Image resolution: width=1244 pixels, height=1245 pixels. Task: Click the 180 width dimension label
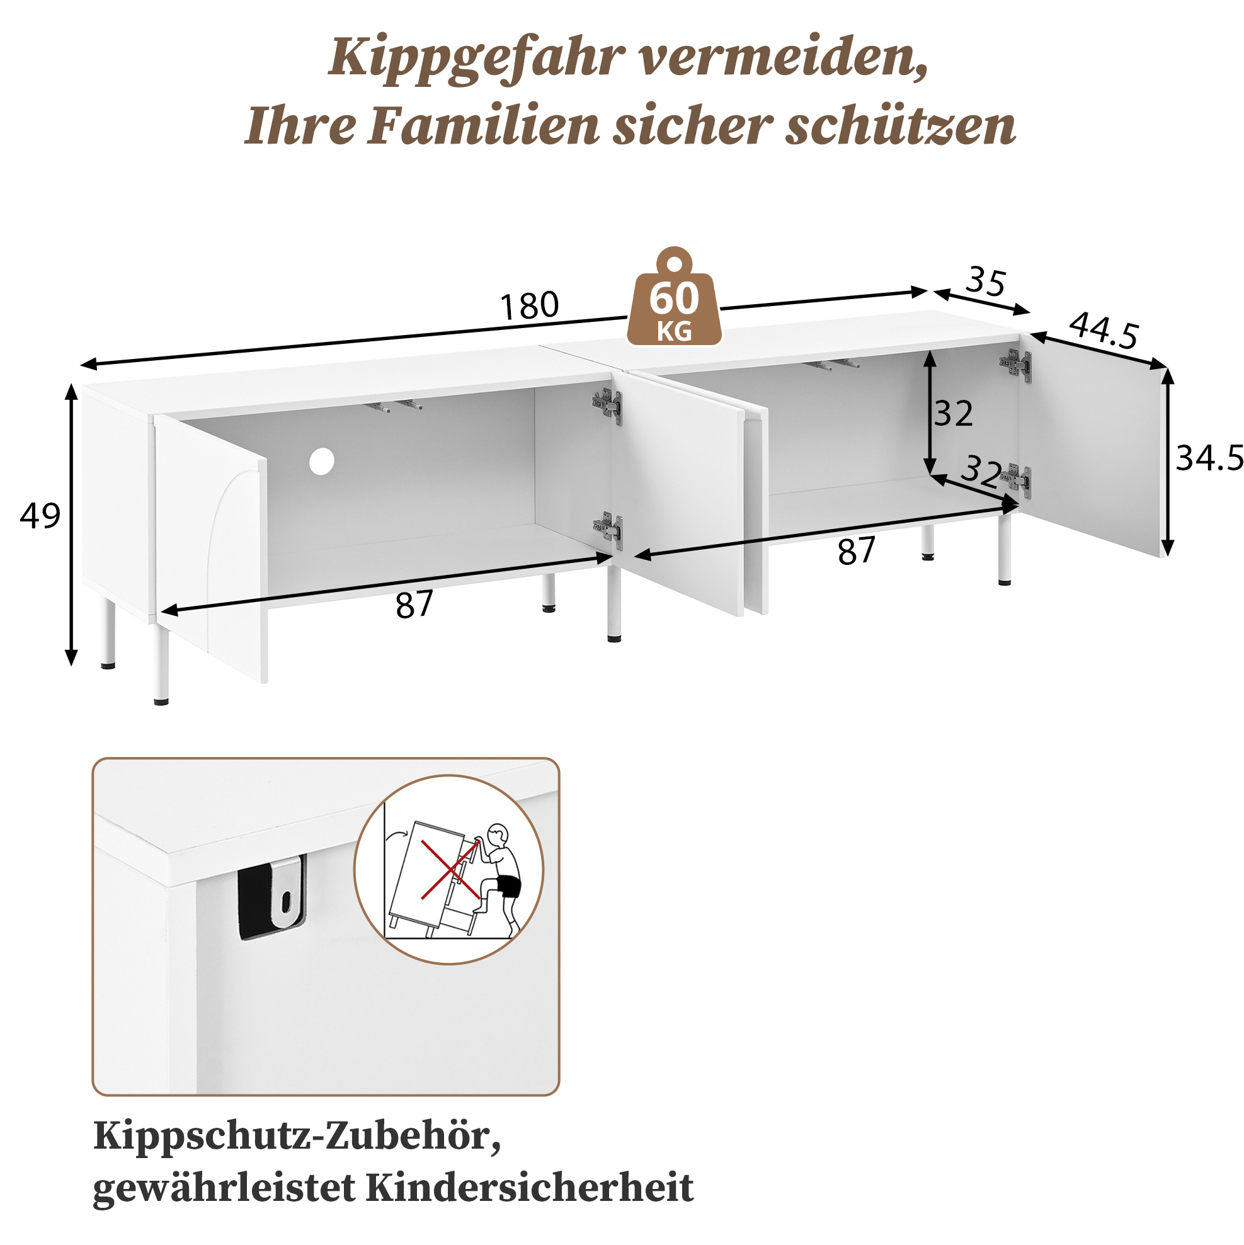[529, 305]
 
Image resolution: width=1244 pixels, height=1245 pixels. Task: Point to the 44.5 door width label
[1104, 331]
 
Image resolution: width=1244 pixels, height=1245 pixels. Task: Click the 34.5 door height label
[1209, 458]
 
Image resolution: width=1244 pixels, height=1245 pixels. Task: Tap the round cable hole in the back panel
[322, 462]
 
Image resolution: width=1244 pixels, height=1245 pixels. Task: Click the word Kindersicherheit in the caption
[530, 1187]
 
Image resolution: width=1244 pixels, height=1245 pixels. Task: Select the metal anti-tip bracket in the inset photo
[287, 892]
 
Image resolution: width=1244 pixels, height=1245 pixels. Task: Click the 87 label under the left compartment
[414, 605]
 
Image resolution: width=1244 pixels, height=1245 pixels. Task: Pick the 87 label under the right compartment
[857, 552]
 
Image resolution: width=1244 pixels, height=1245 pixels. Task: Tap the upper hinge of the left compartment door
[608, 406]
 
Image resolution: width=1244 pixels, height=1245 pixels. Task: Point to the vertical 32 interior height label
[953, 414]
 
